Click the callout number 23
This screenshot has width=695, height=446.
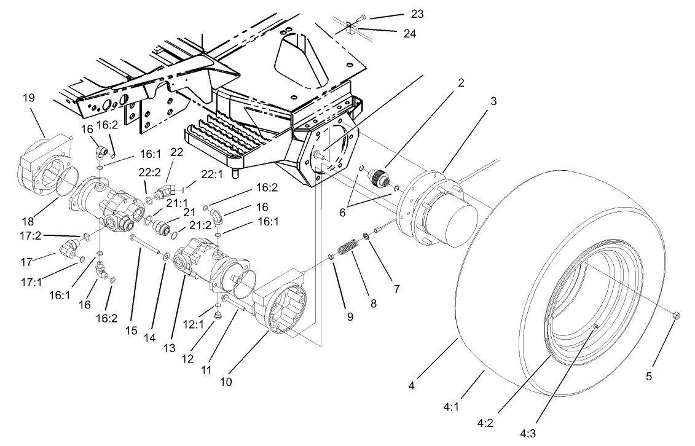[418, 14]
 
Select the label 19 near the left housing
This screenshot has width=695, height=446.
[29, 97]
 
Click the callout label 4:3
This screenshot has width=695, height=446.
[527, 434]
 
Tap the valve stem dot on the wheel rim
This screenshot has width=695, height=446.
[595, 329]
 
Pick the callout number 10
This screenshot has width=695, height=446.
[226, 382]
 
